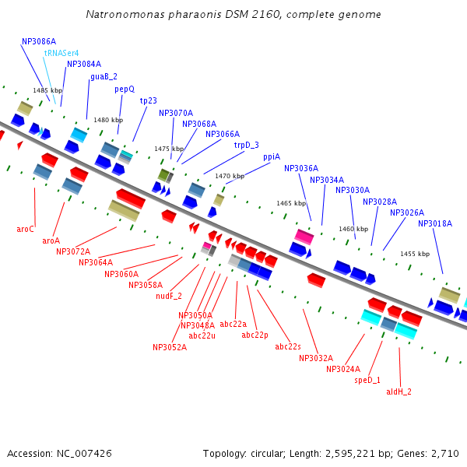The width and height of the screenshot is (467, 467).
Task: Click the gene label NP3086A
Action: click(x=39, y=41)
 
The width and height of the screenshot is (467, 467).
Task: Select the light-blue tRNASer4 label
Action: click(x=61, y=53)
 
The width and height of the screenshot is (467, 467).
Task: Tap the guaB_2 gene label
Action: click(x=104, y=76)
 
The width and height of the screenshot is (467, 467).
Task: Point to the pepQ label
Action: click(x=125, y=89)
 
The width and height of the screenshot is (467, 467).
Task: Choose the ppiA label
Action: click(x=272, y=156)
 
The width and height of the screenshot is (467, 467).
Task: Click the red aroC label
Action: click(x=25, y=229)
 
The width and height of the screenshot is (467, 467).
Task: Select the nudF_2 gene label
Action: click(x=168, y=296)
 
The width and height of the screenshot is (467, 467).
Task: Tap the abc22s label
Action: click(x=288, y=346)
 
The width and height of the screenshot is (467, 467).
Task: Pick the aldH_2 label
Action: click(x=399, y=392)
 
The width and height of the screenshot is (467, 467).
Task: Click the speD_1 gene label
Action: click(x=367, y=380)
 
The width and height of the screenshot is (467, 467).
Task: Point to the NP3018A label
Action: click(x=434, y=223)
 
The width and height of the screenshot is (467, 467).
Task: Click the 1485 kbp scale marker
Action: click(x=47, y=91)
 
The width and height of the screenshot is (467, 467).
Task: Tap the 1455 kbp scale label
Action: click(x=415, y=254)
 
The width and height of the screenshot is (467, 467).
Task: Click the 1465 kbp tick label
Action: click(x=291, y=203)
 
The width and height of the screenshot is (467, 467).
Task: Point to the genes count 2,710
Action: click(x=444, y=453)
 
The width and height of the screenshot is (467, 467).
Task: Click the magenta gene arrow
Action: click(x=304, y=236)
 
